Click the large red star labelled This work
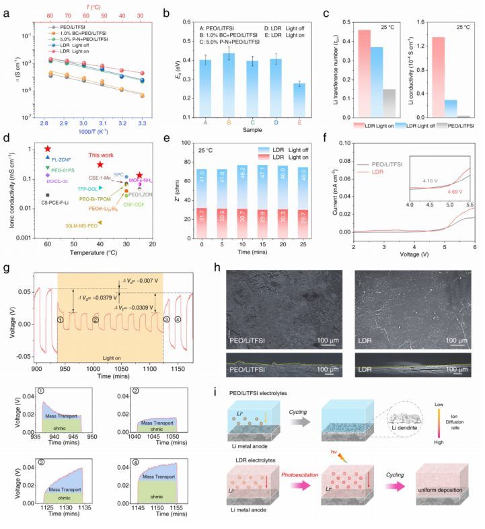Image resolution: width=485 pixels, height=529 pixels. [100, 164]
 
